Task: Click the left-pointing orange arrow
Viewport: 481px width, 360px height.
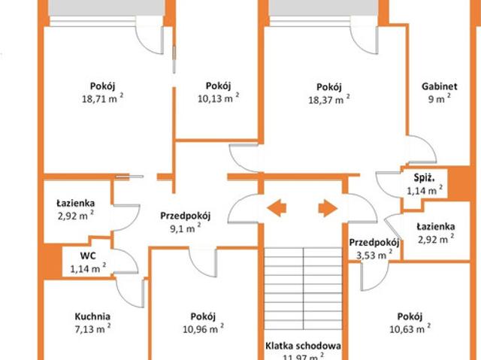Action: pos(277,208)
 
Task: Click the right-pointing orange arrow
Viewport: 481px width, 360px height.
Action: pos(328,208)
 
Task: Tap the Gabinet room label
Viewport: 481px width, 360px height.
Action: pos(439,86)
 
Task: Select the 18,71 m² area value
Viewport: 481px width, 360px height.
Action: pos(103,98)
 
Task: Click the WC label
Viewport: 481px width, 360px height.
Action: pos(88,256)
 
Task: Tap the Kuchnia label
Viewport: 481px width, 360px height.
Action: pos(92,316)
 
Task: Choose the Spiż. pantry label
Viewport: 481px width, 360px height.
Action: pos(425,178)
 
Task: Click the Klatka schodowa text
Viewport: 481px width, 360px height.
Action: pos(303,346)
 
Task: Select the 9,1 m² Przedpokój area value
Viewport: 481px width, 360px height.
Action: pos(186,228)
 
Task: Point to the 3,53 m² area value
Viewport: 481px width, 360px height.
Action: pos(374,255)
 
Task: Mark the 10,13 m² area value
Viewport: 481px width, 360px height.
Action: pos(219,98)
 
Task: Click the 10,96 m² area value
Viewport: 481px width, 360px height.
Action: pos(203,328)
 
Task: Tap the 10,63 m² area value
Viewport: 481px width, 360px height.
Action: pos(410,328)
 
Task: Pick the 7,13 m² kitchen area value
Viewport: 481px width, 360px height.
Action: pos(93,328)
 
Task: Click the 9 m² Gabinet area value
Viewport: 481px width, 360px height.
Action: pos(439,98)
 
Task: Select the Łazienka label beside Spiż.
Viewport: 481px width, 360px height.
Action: pos(436,227)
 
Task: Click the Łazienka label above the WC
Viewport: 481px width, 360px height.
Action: pos(75,204)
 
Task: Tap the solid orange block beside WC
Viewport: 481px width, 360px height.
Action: pos(53,261)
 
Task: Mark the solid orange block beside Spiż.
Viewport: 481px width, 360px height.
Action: pos(458,183)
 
